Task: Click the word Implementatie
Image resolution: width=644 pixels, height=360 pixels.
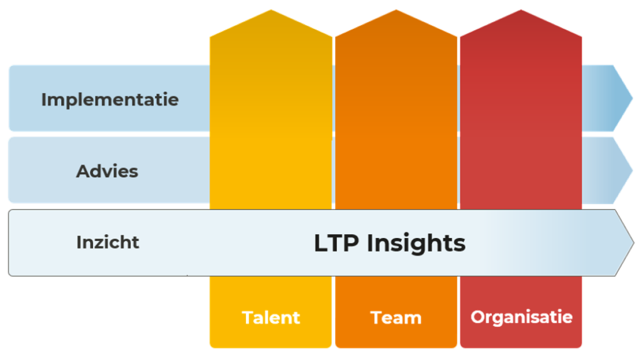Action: point(110,100)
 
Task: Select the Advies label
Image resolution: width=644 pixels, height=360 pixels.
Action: point(107,171)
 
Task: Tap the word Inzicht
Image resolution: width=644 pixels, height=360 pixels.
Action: point(108,242)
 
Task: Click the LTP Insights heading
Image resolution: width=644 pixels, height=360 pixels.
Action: point(390,244)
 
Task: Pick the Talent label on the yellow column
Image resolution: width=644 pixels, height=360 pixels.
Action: point(271,318)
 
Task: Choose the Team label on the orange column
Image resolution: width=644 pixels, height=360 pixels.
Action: point(396,318)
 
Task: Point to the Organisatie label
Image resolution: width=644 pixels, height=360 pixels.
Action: point(521,317)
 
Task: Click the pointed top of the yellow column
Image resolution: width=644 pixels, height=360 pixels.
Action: point(271,10)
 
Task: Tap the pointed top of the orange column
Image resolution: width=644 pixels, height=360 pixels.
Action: point(396,10)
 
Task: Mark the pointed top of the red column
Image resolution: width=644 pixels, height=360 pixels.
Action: point(521,10)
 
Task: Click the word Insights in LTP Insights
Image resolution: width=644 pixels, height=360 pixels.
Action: point(416,244)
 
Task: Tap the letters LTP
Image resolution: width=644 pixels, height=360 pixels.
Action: point(337,243)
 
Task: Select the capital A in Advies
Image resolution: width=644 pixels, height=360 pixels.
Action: point(84,171)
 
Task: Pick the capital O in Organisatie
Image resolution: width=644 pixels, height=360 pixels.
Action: point(478,317)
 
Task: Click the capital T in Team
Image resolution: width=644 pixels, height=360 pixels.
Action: point(377,318)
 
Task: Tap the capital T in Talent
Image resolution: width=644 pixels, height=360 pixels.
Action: point(248,318)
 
